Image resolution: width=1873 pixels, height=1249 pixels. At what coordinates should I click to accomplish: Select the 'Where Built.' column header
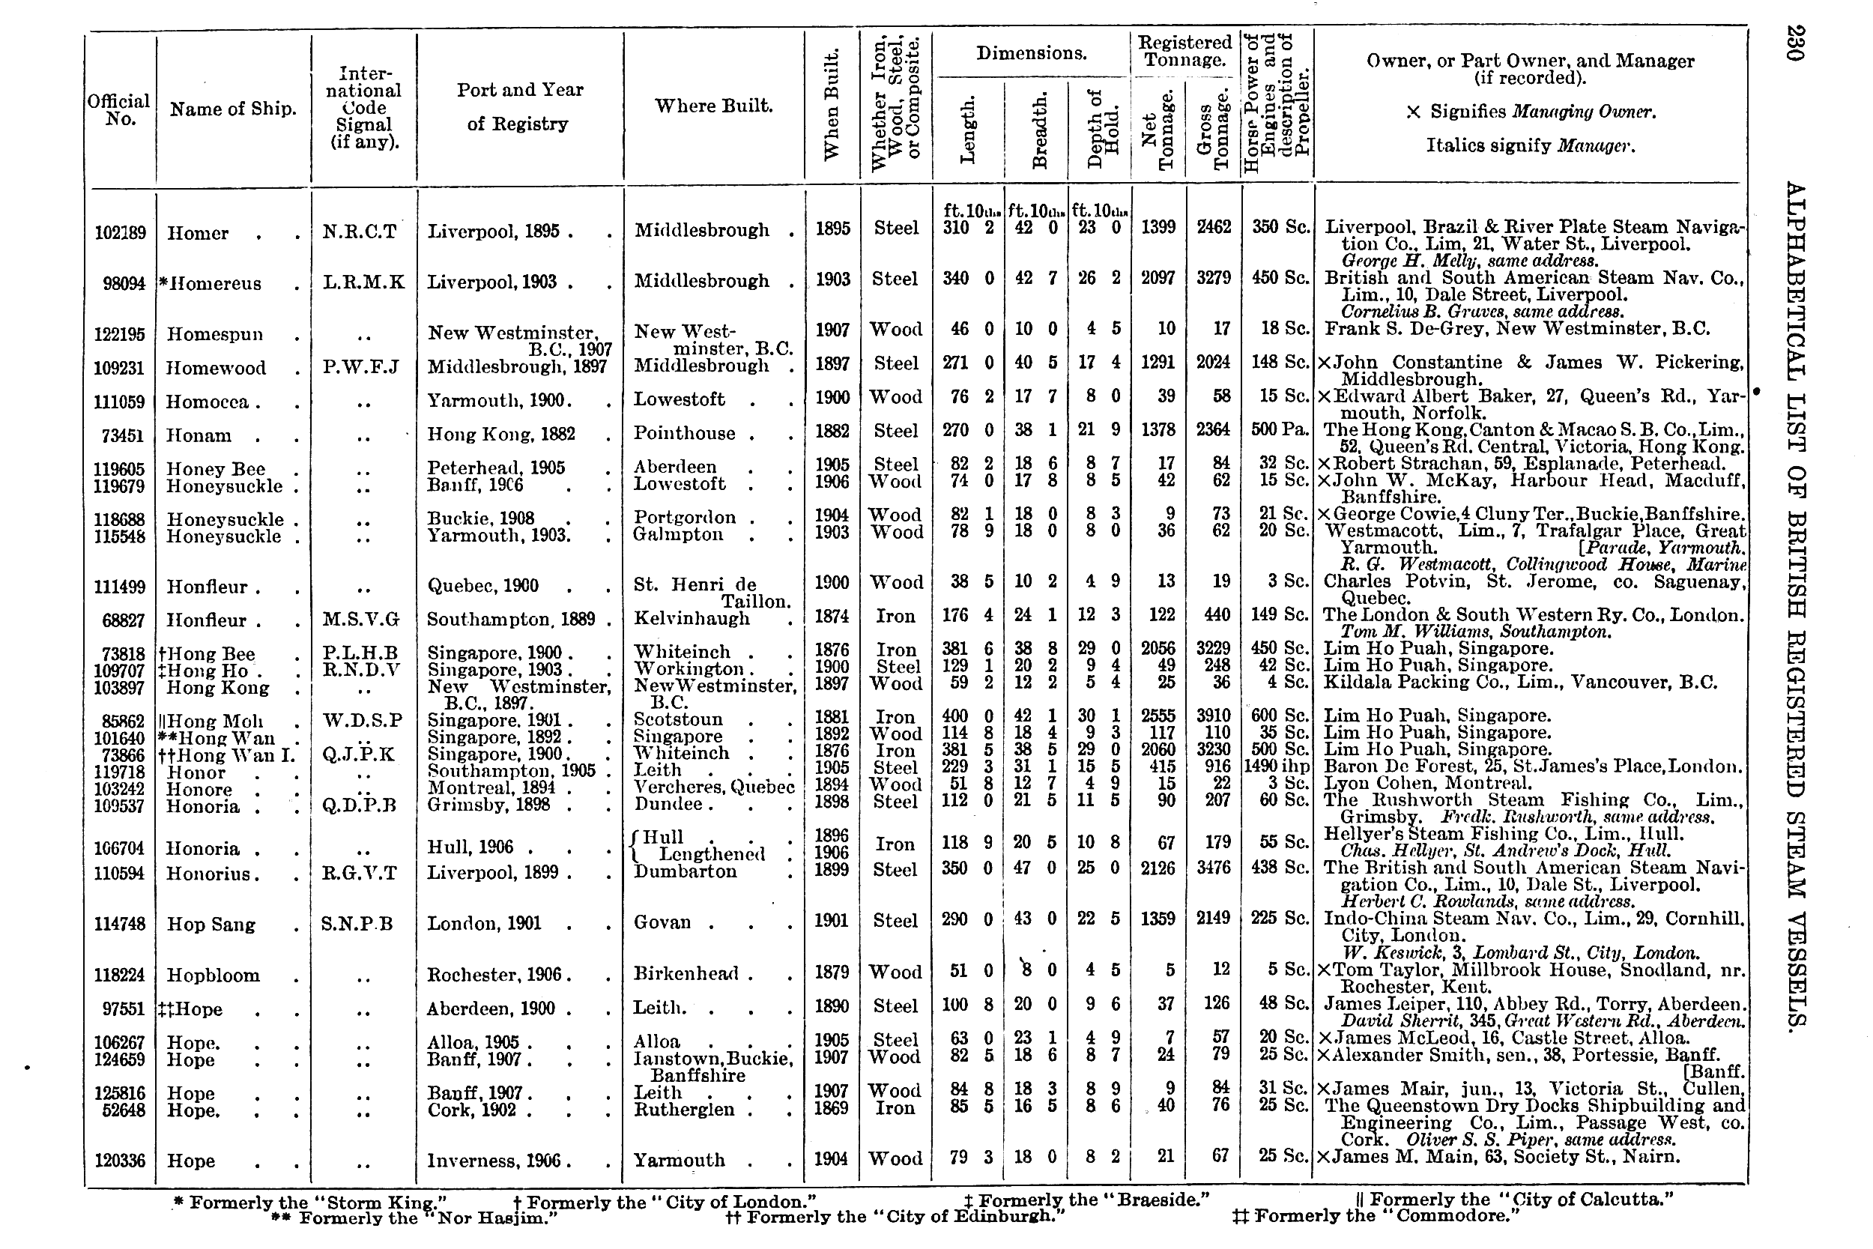pos(713,106)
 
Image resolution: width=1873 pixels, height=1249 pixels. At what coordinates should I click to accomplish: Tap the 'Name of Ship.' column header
pos(232,109)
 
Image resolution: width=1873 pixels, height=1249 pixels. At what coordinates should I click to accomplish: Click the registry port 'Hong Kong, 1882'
pos(501,435)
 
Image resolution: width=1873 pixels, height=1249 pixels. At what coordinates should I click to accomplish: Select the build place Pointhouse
pos(685,433)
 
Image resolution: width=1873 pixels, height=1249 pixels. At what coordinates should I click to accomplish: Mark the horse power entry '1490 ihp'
pos(1277,767)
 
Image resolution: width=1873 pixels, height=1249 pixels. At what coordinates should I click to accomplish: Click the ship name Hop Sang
pos(211,925)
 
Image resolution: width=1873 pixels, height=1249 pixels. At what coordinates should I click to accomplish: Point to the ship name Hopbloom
pos(213,976)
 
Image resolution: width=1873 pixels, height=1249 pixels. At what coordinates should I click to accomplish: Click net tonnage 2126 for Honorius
pos(1158,868)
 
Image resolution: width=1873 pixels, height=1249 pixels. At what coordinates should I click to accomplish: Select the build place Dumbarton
pos(685,871)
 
